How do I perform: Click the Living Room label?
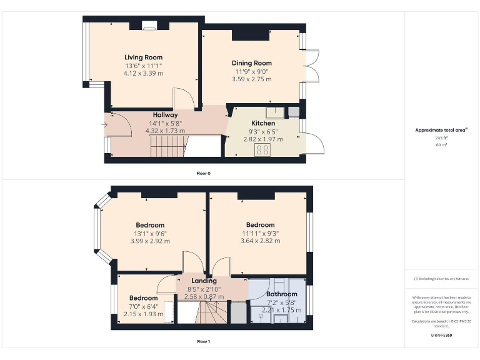(143, 57)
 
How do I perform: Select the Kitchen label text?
(263, 123)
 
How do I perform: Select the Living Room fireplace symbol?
(149, 26)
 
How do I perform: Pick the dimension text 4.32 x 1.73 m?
(165, 131)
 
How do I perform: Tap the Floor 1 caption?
(203, 342)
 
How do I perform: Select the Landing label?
(204, 281)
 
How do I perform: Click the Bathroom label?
(282, 294)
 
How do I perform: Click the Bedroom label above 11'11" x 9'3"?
(260, 225)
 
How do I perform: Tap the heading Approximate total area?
(441, 130)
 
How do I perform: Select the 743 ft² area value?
(441, 138)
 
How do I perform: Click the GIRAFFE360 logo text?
(441, 336)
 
